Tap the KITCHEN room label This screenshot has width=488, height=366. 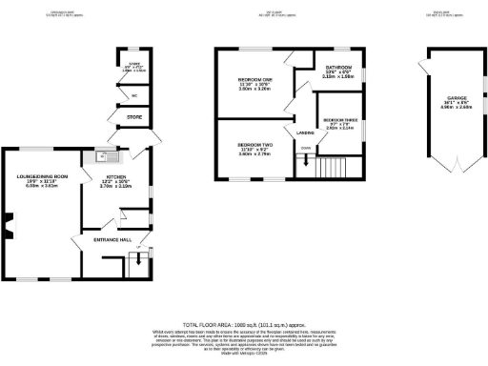click(115, 176)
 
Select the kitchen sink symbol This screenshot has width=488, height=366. click(101, 158)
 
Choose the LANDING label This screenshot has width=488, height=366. click(305, 132)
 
